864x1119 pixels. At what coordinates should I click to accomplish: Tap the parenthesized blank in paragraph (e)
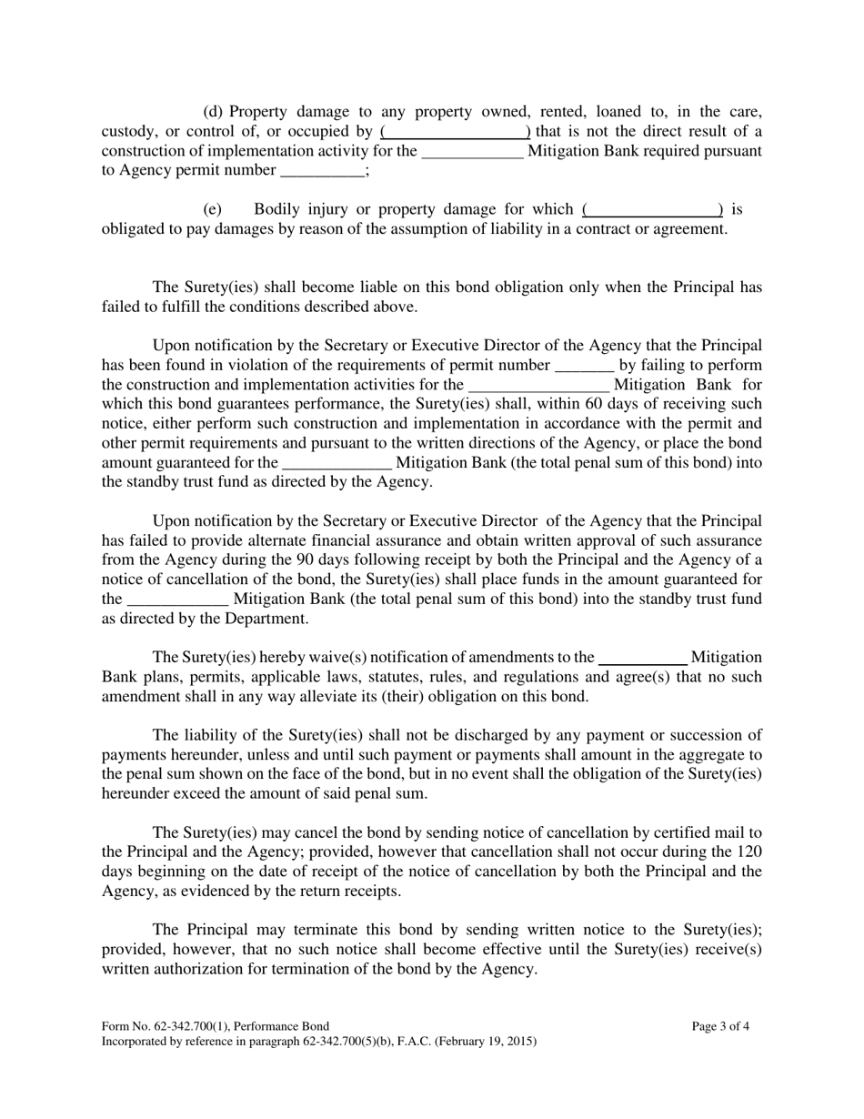652,209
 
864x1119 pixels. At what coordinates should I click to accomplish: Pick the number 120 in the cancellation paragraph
748,852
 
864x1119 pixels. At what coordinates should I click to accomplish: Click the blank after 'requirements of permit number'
584,365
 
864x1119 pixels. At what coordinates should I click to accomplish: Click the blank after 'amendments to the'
643,657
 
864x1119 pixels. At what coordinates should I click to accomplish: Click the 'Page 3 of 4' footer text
720,1027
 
